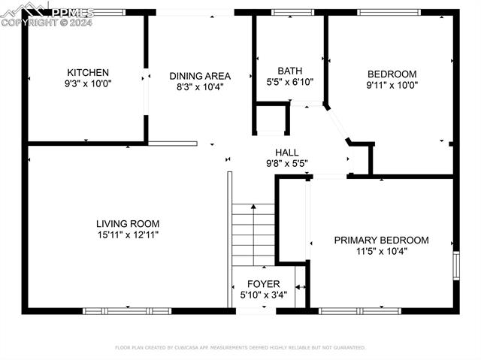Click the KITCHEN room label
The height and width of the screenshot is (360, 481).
coord(88,73)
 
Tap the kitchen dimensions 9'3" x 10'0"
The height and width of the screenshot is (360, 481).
coord(88,85)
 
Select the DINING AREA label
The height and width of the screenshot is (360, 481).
coord(199,76)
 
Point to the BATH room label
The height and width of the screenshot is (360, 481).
coord(289,71)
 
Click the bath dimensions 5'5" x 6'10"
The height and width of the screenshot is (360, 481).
coord(289,83)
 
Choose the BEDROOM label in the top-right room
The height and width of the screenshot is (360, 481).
coord(391,74)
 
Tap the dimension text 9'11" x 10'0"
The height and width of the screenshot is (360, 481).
coord(391,85)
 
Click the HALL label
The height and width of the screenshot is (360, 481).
coord(286,152)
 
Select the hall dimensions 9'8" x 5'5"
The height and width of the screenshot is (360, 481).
coord(286,163)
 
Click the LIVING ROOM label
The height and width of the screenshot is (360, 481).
coord(127,223)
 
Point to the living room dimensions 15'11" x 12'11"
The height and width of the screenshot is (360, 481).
coord(127,234)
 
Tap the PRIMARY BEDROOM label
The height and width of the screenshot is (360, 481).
coord(381,241)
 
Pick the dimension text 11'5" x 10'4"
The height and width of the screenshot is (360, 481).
coord(381,252)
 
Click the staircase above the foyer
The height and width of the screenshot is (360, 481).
coord(253,234)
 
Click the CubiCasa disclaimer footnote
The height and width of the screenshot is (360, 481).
coord(240,348)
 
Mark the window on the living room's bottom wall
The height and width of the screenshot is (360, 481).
coord(127,310)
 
